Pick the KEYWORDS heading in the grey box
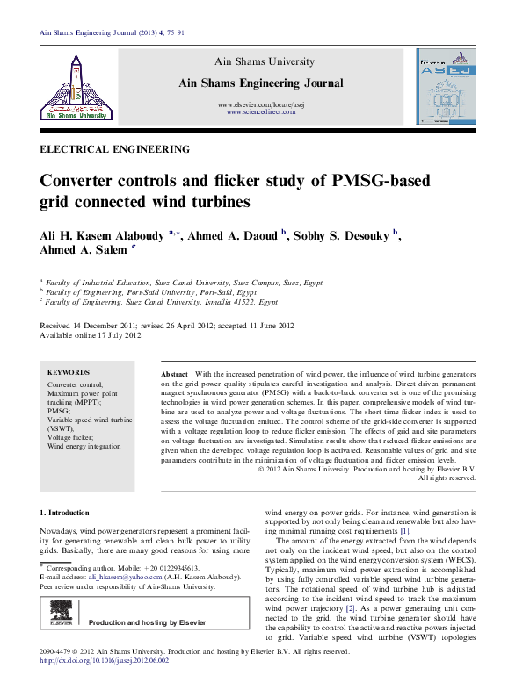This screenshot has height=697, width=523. (68, 372)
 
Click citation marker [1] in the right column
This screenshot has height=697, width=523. (404, 531)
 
